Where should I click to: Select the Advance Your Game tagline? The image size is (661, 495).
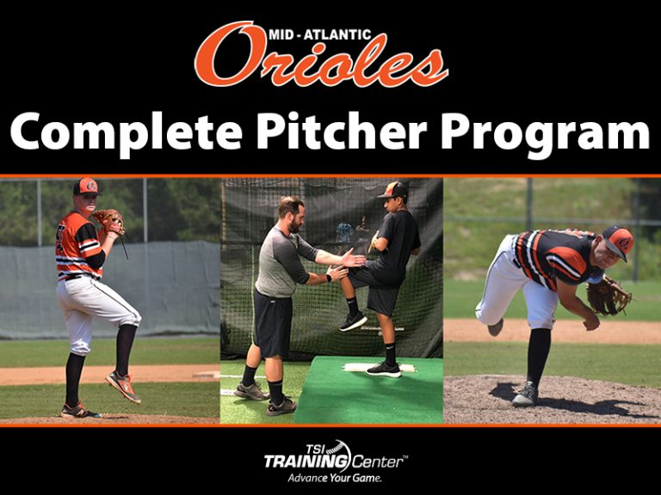(334, 477)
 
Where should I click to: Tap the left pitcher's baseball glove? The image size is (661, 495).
(108, 221)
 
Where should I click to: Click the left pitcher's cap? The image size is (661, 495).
(85, 186)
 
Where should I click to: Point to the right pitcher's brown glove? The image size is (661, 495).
(608, 296)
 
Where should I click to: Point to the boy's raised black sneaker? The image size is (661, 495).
(352, 321)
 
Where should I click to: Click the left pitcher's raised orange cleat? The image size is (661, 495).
(124, 386)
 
